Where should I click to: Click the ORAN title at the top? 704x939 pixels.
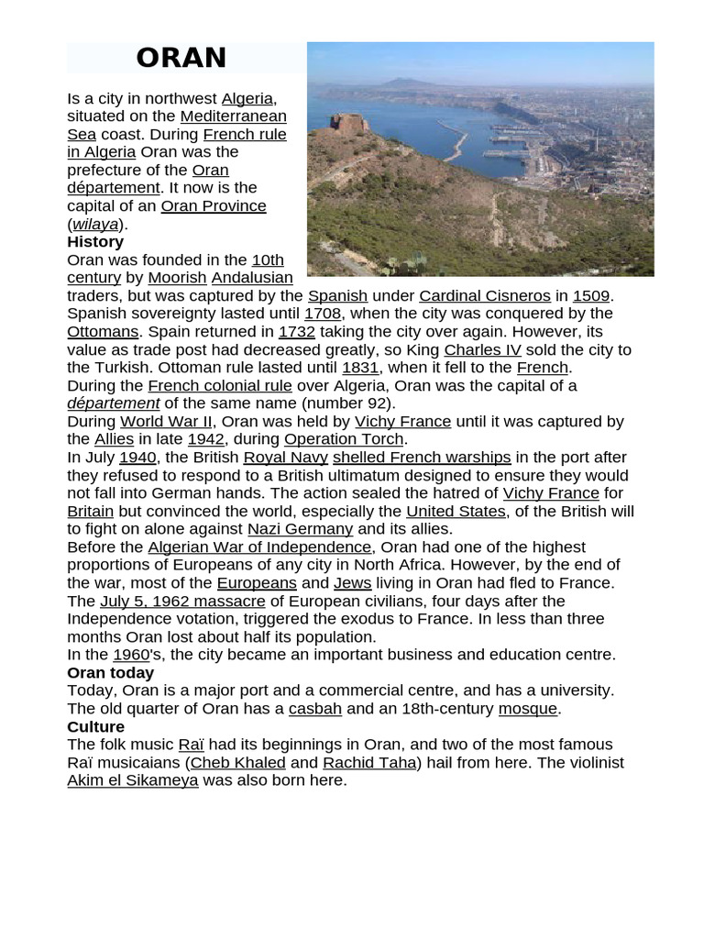click(181, 58)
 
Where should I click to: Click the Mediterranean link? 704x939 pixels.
click(233, 116)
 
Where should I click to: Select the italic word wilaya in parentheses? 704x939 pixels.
click(95, 224)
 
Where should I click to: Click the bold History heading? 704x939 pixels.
click(95, 242)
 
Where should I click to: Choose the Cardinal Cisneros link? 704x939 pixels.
click(485, 295)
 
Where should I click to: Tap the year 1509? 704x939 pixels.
click(591, 295)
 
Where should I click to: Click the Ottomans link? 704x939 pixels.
click(103, 331)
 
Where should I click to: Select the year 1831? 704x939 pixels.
click(360, 367)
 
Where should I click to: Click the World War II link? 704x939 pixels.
click(166, 421)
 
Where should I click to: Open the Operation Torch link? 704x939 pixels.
click(344, 439)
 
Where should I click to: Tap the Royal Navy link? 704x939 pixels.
click(285, 457)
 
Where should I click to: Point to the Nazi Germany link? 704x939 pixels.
click(300, 529)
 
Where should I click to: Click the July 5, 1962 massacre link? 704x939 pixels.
click(182, 601)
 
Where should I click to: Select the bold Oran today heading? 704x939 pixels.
click(110, 672)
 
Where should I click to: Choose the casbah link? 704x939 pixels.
click(315, 709)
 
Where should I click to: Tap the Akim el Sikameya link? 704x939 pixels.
click(133, 780)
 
